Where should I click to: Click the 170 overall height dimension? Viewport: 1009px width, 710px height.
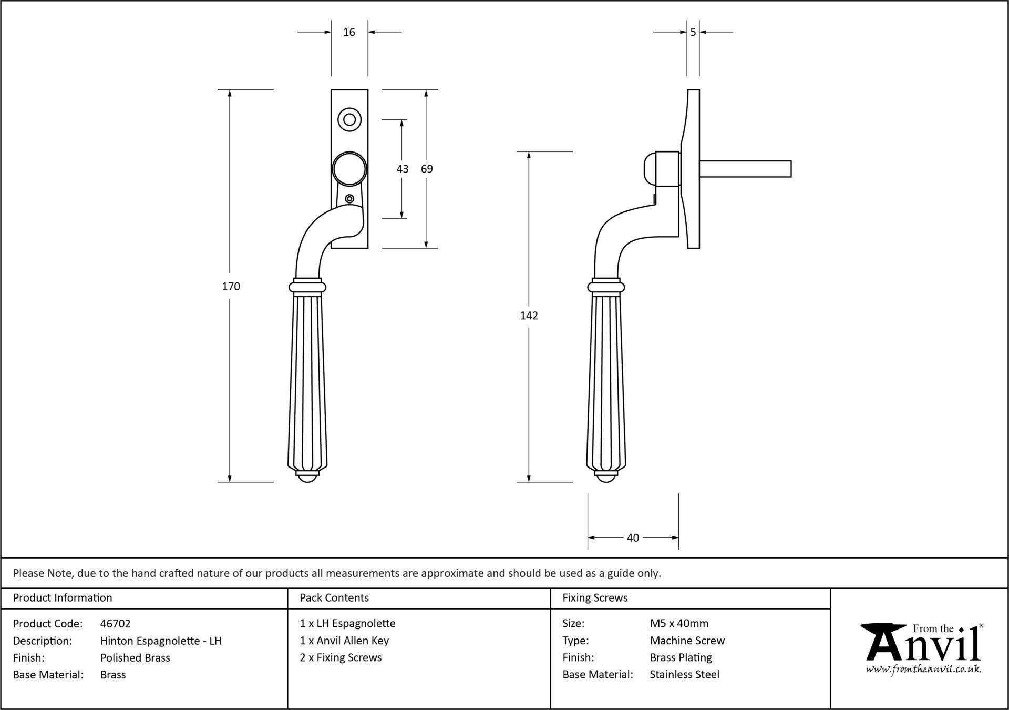coord(231,287)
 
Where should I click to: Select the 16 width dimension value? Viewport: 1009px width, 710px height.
coord(349,32)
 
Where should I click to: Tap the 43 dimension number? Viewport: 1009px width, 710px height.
coord(402,169)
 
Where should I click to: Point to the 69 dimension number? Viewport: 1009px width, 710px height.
coord(427,169)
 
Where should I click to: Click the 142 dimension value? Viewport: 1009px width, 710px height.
coord(529,316)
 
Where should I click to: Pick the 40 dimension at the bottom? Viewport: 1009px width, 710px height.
coord(633,538)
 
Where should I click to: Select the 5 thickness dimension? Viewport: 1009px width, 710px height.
coord(693,32)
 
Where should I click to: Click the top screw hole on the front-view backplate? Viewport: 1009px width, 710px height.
coord(349,119)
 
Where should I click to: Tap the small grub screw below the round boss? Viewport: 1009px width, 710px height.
coord(349,199)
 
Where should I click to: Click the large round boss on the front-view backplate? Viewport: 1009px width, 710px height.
coord(349,169)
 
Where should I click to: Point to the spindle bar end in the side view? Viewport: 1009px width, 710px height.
coord(790,169)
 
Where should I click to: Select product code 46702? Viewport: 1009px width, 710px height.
coord(116,624)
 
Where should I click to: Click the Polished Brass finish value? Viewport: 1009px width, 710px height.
coord(135,658)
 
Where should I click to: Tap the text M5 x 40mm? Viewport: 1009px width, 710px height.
coord(679,624)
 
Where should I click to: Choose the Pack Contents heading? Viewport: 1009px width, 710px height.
coord(334,598)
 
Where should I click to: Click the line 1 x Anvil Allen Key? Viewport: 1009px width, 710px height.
coord(344,641)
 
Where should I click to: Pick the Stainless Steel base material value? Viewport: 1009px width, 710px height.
coord(685,675)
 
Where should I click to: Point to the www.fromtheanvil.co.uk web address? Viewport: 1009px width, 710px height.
coord(923,670)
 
